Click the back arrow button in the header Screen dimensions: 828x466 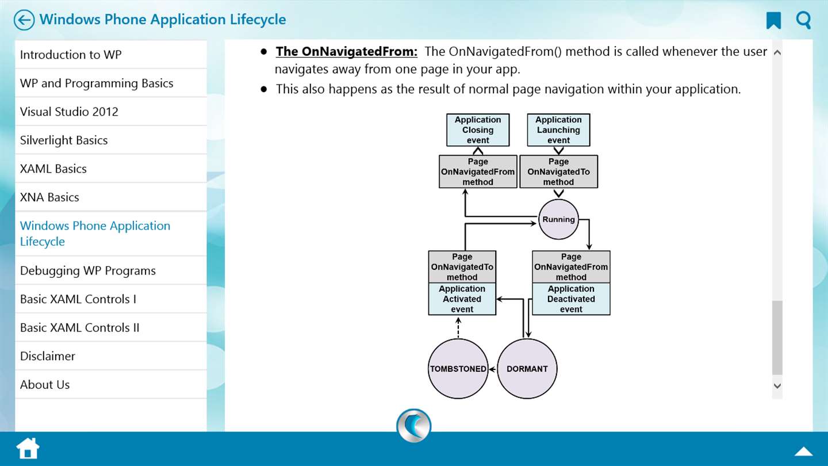[x=24, y=20]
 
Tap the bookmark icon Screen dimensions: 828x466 [x=773, y=20]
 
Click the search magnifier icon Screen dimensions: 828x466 [x=803, y=20]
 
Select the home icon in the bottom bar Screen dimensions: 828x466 [x=28, y=448]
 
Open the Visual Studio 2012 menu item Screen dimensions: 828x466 [x=69, y=112]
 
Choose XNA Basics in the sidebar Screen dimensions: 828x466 [x=49, y=197]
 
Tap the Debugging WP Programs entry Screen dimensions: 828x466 [x=88, y=271]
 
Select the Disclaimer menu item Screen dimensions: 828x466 [x=48, y=356]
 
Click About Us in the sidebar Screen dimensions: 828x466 [x=45, y=385]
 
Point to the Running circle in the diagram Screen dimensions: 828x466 [x=558, y=219]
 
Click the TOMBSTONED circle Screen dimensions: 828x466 [x=458, y=369]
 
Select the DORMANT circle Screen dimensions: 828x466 [x=527, y=369]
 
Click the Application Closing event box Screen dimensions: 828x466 [x=478, y=130]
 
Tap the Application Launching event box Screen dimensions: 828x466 [x=558, y=130]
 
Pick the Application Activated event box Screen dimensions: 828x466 [x=462, y=299]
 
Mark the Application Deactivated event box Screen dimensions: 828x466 [x=571, y=299]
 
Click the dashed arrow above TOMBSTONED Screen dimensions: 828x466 [x=458, y=328]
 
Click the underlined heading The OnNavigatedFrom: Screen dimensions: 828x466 [x=346, y=51]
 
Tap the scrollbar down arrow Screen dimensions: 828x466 [x=777, y=385]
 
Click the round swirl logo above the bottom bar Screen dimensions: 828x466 [x=413, y=425]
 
